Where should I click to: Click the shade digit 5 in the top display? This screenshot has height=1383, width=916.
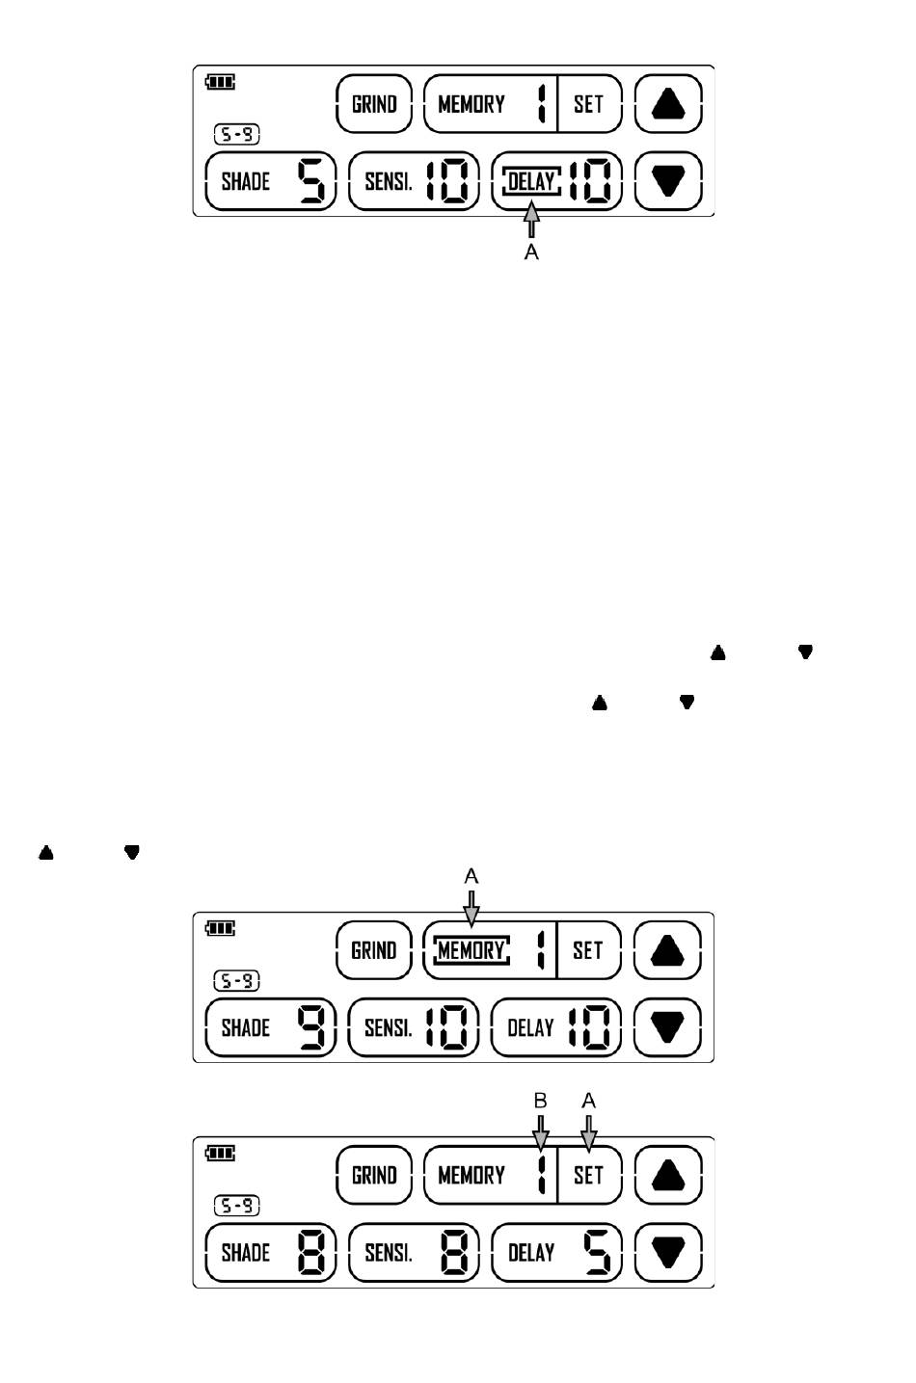pos(312,181)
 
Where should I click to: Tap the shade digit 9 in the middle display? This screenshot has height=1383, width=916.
pos(312,1027)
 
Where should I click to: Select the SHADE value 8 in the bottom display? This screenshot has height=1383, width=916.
pos(312,1252)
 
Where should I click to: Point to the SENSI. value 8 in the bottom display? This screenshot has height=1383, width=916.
pos(455,1252)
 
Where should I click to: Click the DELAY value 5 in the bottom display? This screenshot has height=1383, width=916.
pos(597,1252)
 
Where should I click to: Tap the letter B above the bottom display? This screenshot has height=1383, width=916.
pos(541,1101)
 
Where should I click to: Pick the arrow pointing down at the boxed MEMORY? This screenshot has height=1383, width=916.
pos(471,909)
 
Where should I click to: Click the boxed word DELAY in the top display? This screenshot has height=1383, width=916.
pos(531,181)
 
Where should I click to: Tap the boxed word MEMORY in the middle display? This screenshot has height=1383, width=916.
pos(471,950)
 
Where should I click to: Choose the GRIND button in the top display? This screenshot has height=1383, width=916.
pos(374,104)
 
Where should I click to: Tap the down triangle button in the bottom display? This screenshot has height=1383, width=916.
pos(668,1252)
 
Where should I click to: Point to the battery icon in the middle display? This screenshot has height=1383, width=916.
pos(221,928)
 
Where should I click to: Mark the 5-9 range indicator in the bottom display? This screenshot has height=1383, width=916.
pos(236,1206)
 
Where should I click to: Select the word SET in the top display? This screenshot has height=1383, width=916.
pos(588,104)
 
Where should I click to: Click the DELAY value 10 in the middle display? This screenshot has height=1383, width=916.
pos(587,1027)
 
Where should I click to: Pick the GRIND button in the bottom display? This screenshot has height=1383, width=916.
pos(374,1175)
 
